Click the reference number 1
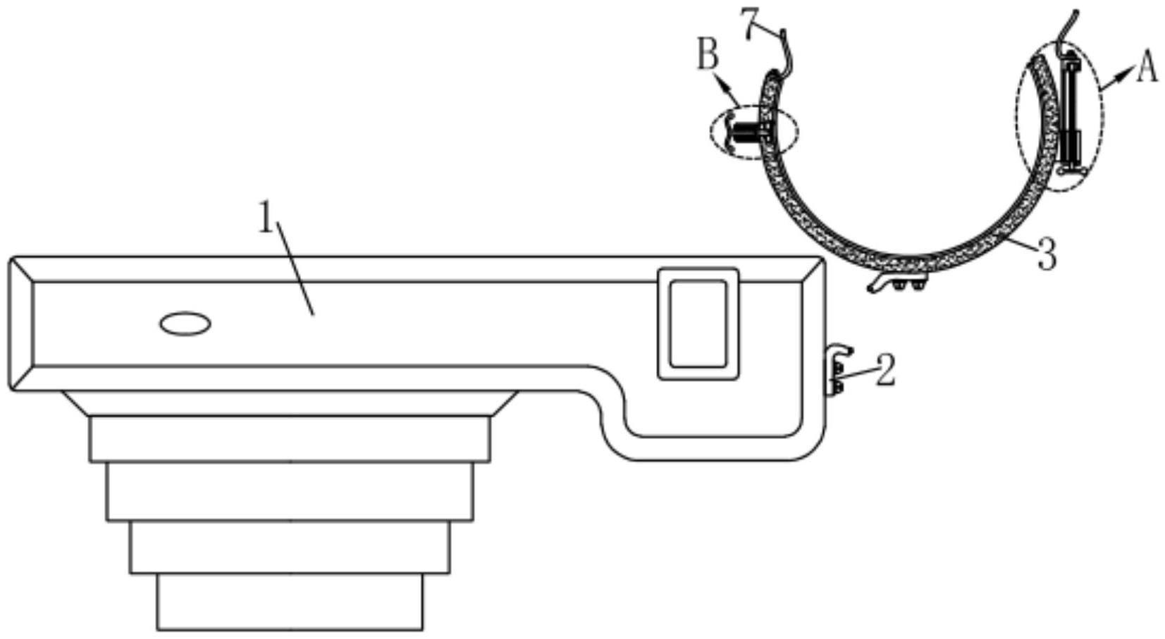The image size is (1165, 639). click(x=266, y=218)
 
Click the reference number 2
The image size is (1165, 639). click(x=885, y=371)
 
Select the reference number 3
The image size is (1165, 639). click(x=1047, y=254)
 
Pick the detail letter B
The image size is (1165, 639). click(x=708, y=54)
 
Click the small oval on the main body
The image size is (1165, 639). click(x=185, y=324)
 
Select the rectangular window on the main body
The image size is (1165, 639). click(x=698, y=323)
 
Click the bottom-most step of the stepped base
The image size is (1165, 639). click(x=290, y=602)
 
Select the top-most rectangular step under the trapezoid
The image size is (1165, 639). click(x=290, y=438)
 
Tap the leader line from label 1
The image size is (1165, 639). click(x=295, y=268)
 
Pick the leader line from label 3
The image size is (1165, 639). click(x=1021, y=243)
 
